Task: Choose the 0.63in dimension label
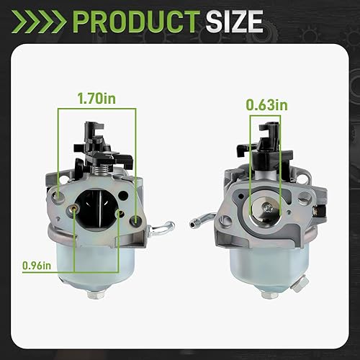[x=265, y=105]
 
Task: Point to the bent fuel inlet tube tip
[x=195, y=217]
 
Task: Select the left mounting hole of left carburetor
[x=60, y=193]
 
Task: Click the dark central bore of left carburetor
[x=101, y=202]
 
